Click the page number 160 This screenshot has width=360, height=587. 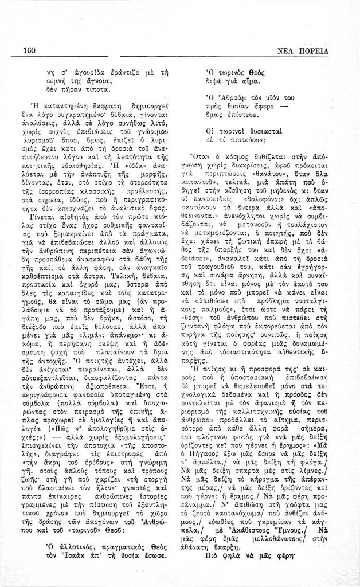(29, 50)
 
